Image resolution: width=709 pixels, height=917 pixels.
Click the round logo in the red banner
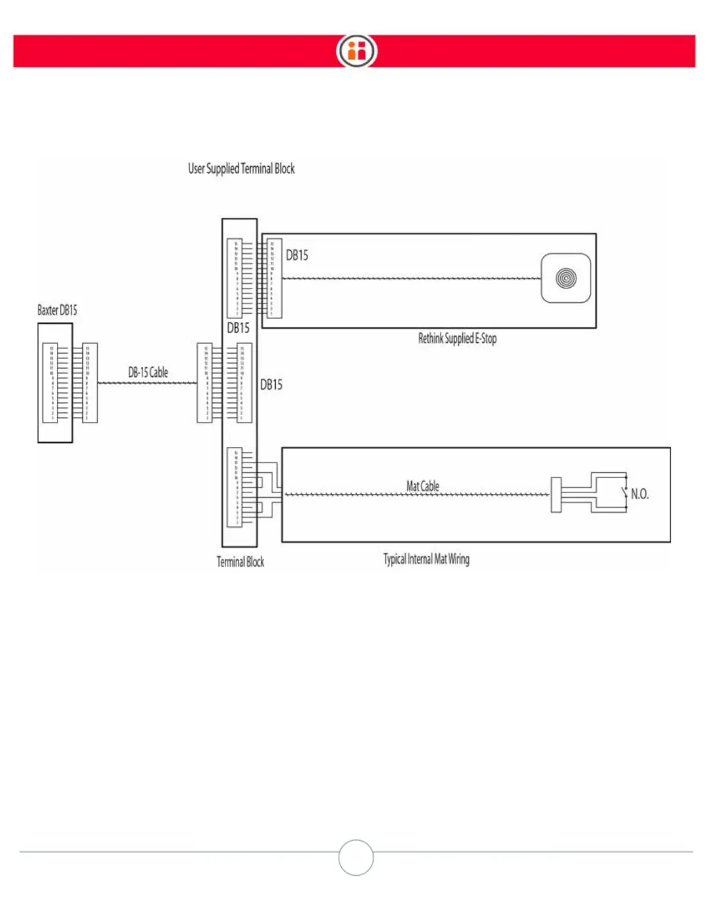point(356,51)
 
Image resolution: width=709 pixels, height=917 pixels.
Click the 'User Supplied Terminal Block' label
point(241,168)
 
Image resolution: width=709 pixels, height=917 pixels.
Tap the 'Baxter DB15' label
point(57,310)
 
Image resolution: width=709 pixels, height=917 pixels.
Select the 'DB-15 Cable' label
point(148,372)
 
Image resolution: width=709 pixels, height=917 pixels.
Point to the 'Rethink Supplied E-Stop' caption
point(457,339)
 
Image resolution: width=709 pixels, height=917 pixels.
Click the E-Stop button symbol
point(566,278)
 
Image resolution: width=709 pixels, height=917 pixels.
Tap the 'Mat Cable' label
point(422,486)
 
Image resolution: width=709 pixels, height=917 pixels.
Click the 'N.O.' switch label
point(639,494)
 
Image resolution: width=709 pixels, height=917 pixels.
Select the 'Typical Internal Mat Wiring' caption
point(426,559)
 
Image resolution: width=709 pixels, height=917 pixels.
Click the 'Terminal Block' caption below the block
point(240,562)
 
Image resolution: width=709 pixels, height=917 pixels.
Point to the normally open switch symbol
point(624,493)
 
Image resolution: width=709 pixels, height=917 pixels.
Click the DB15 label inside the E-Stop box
point(297,255)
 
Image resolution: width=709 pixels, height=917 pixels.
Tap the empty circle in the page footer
point(356,857)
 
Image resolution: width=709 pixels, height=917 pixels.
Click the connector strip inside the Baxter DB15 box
point(50,383)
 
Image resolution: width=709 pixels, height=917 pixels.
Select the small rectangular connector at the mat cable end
point(555,494)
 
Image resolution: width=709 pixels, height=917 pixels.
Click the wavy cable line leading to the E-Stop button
point(411,278)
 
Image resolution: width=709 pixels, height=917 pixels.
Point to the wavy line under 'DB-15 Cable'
point(148,383)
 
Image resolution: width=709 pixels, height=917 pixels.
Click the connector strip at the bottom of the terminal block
point(235,487)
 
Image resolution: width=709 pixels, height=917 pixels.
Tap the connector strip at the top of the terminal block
point(235,278)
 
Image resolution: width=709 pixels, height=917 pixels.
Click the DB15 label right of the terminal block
point(271,385)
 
